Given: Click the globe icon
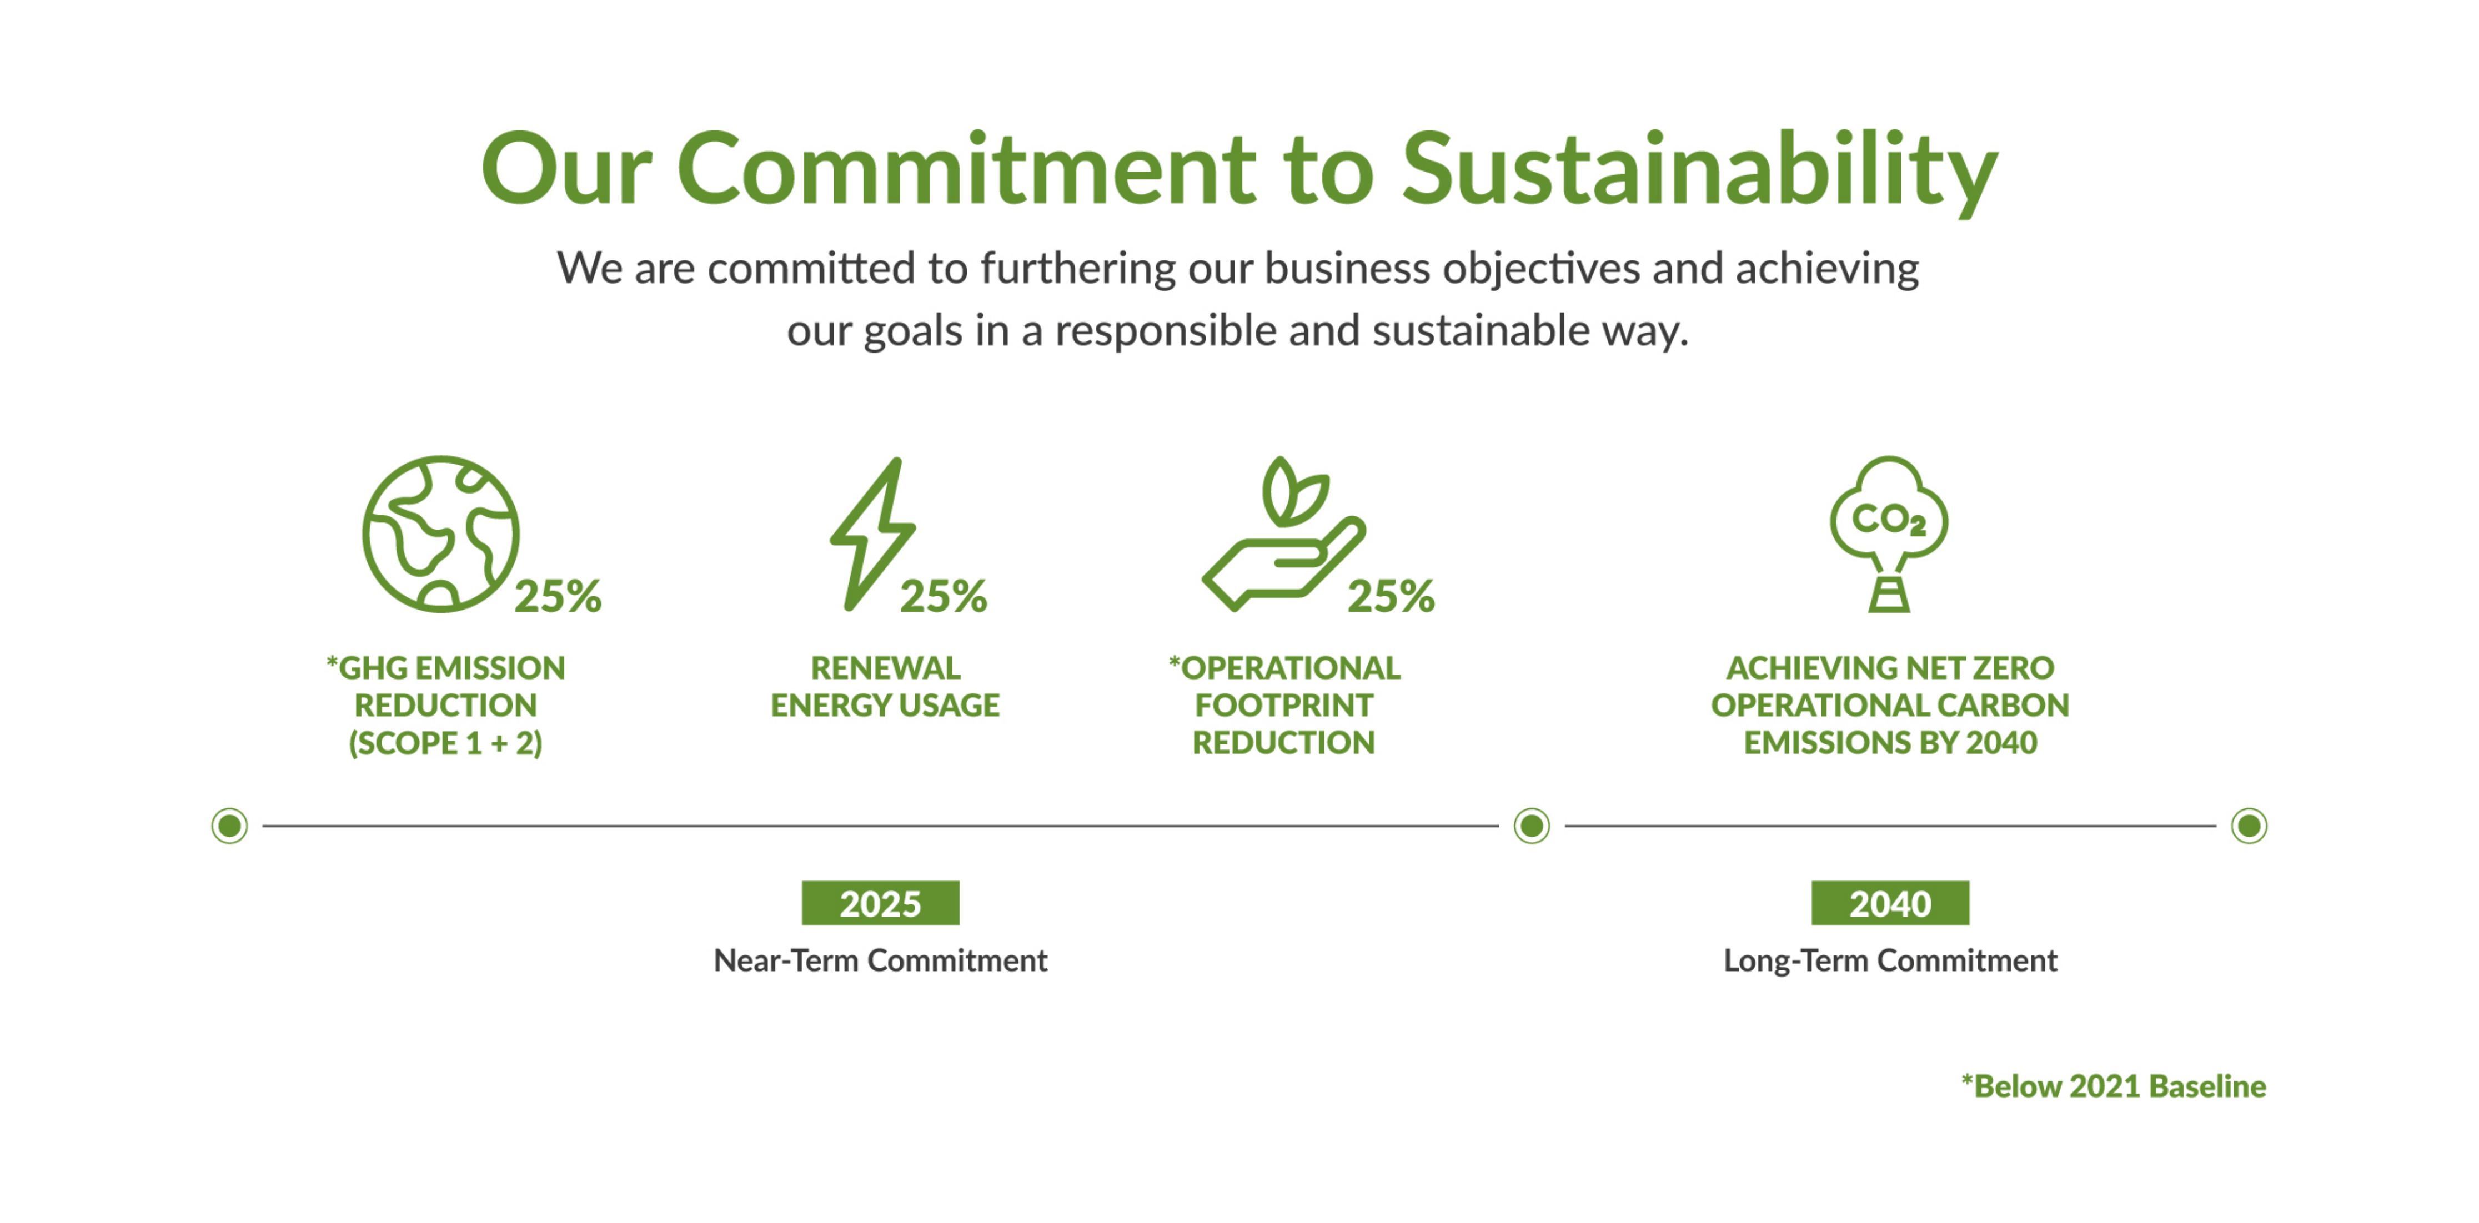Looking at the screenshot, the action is point(441,534).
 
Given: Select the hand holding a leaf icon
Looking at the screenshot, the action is point(1284,534).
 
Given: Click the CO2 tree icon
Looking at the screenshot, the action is point(1889,534).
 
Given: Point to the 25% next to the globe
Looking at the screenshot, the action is point(558,597).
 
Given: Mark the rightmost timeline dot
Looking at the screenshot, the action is point(2249,826).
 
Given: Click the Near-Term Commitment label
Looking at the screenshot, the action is point(881,960).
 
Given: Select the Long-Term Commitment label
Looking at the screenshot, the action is point(1890,960).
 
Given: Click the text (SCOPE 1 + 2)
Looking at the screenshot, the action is point(445,743).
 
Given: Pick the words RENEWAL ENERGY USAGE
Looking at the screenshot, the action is point(885,686).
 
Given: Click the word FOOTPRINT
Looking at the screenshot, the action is point(1284,705).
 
